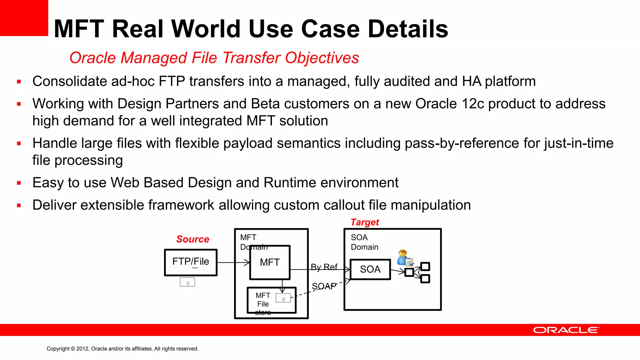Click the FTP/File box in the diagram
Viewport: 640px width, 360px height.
191,262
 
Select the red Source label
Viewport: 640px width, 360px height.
192,239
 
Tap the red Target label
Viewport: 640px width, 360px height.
365,222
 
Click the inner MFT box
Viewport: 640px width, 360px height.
270,262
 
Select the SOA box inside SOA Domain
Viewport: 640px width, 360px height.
370,269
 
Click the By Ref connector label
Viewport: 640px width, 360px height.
324,267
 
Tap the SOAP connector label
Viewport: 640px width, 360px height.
324,286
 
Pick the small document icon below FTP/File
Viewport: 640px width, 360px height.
187,282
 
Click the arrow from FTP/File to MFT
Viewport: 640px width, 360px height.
233,262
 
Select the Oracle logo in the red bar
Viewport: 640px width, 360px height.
566,330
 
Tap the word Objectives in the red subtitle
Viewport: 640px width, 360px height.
322,58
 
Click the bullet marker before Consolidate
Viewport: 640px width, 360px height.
19,82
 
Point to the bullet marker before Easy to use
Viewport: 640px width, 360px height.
19,183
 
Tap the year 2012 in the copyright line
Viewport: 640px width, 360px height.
82,349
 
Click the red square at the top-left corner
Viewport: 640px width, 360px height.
24,17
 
